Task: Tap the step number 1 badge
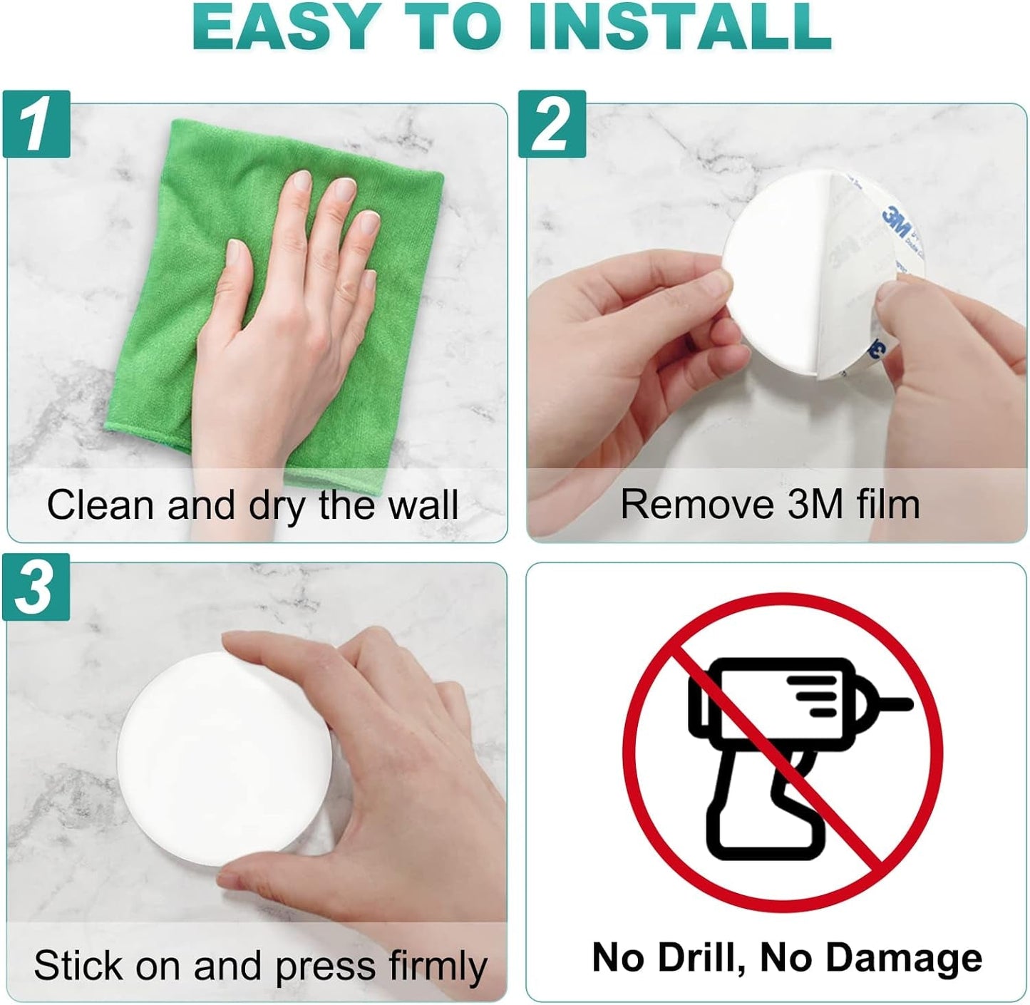pyautogui.click(x=36, y=124)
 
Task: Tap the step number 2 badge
pyautogui.click(x=552, y=124)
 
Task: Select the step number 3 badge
pyautogui.click(x=36, y=587)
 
